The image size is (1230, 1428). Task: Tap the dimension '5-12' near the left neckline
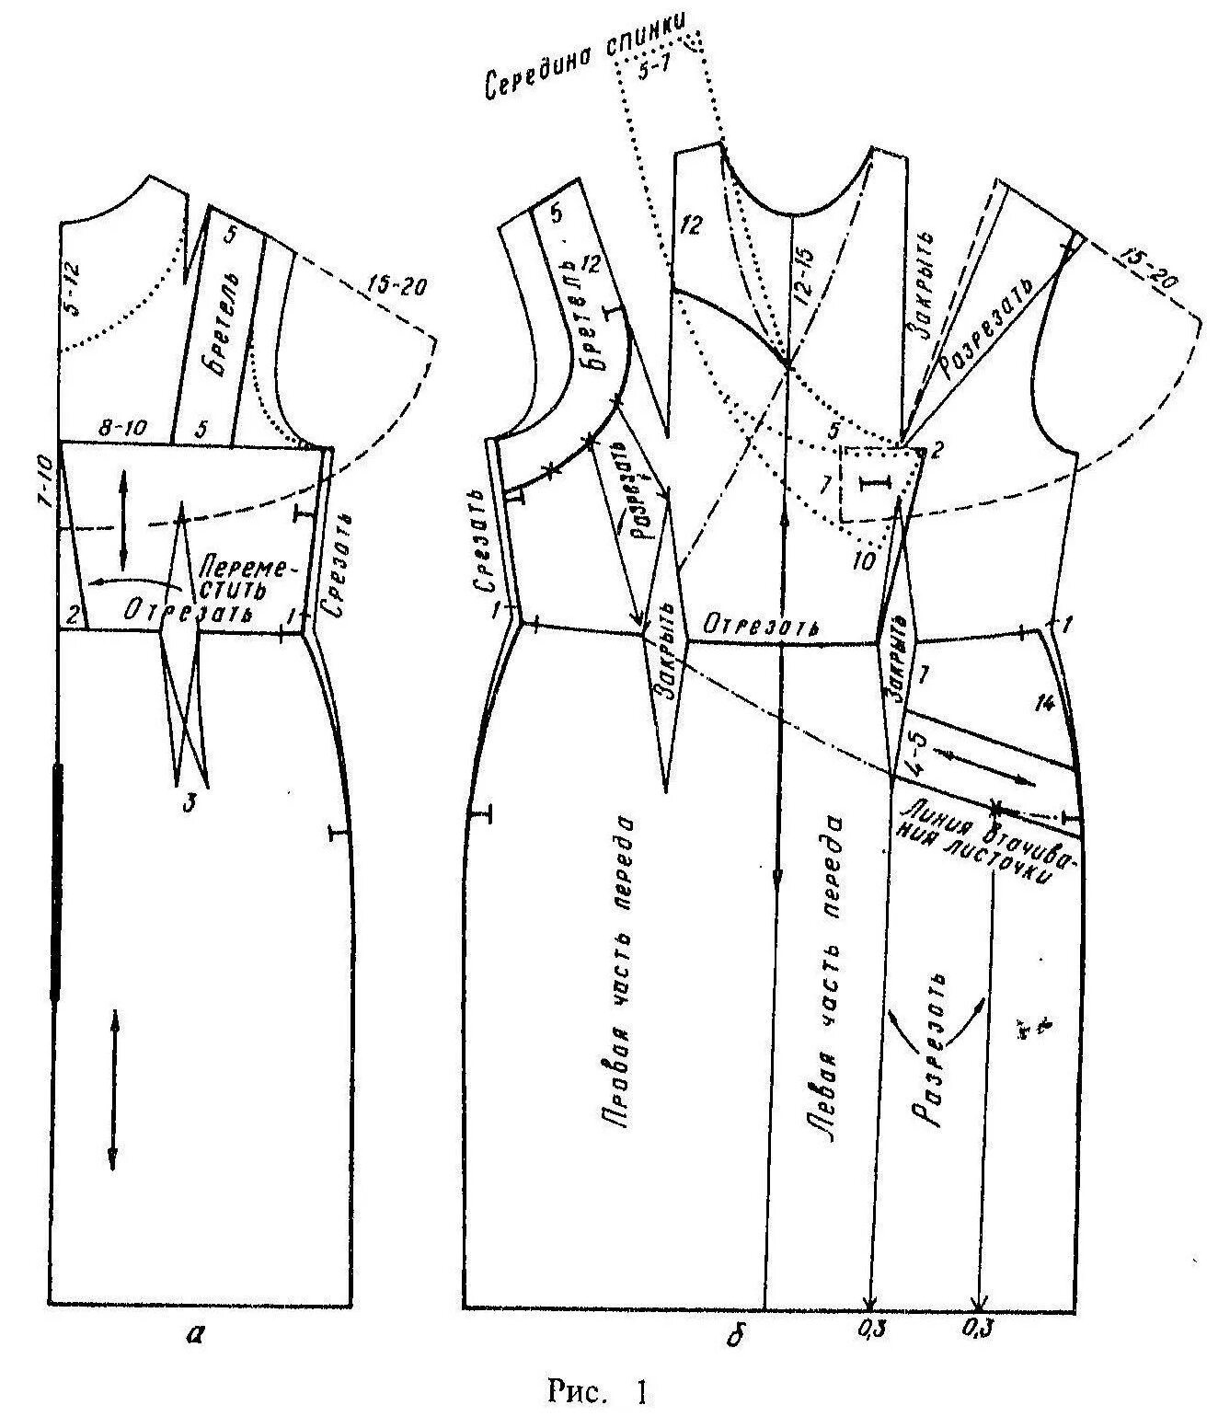coord(75,294)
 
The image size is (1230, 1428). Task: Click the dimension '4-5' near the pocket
coord(916,752)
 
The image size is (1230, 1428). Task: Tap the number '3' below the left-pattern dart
coord(189,803)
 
